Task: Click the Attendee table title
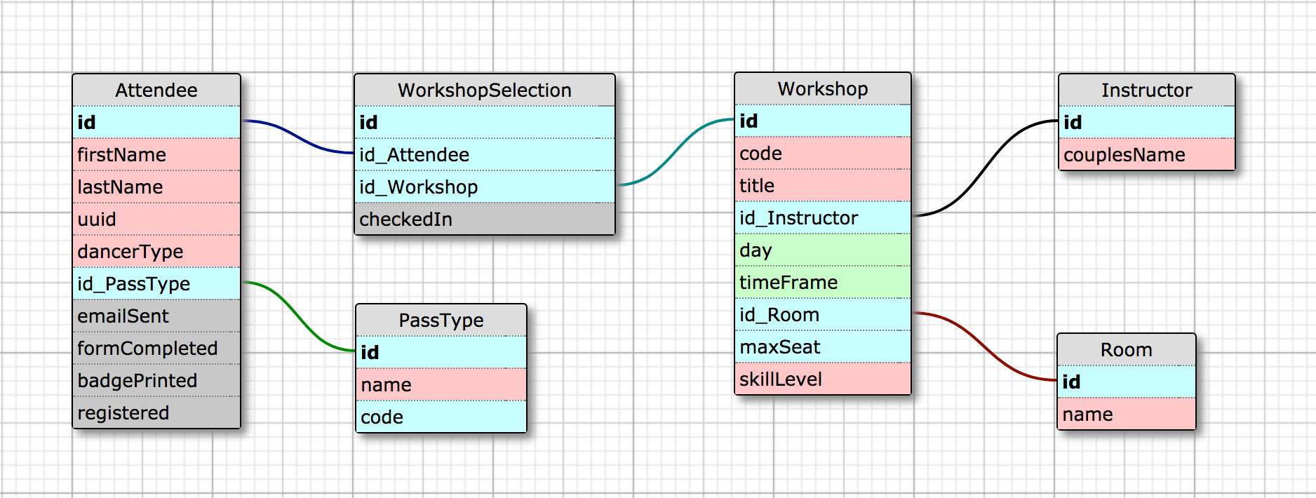[156, 90]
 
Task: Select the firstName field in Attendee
[156, 154]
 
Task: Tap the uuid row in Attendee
[156, 219]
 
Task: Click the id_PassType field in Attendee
[156, 283]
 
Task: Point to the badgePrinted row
[156, 380]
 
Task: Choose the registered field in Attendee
[156, 412]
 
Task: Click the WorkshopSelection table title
[484, 90]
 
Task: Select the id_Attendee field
[484, 154]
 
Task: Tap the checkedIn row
[484, 219]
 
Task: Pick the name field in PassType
[441, 384]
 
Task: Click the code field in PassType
[441, 417]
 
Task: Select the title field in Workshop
[822, 185]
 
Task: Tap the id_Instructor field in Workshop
[822, 217]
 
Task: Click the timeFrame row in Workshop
[822, 282]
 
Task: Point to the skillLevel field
[822, 379]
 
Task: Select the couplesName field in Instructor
[1146, 154]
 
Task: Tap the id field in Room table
[1126, 382]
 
